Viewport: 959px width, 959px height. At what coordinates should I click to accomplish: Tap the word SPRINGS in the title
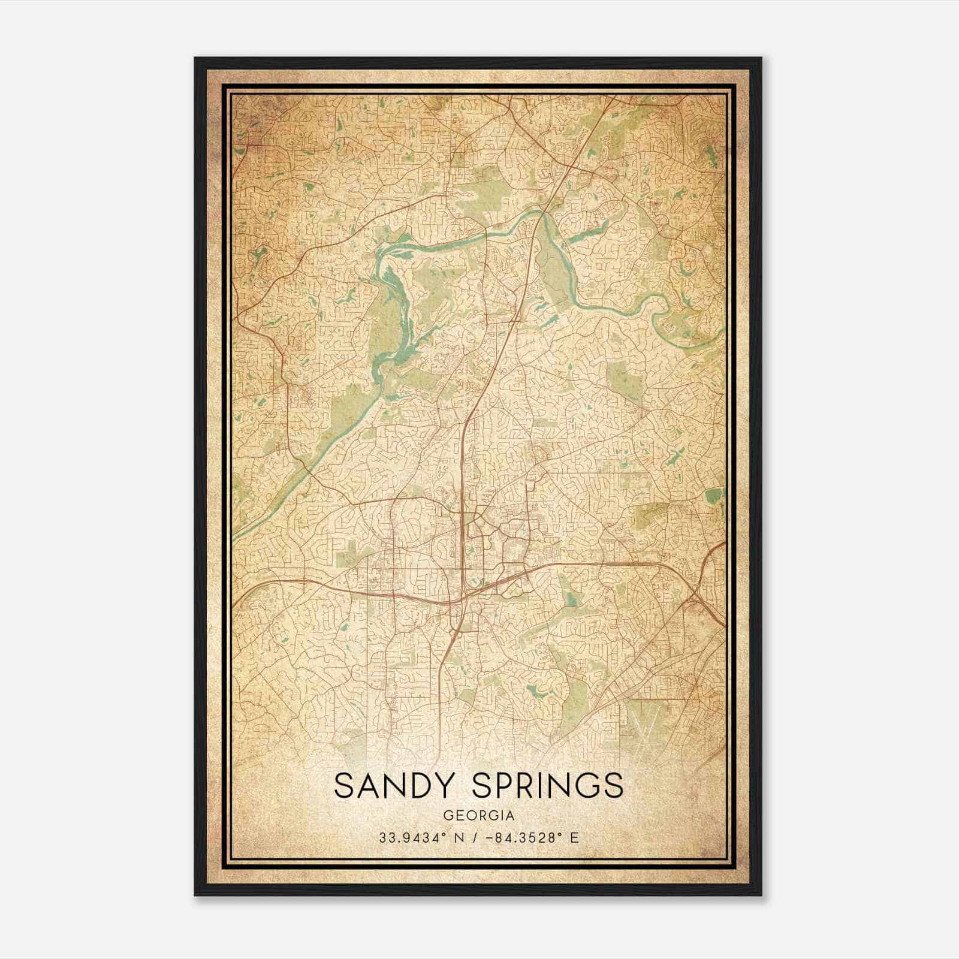click(547, 785)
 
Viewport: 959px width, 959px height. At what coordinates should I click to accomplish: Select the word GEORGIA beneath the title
click(479, 815)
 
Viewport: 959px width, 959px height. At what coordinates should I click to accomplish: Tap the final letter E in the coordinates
click(574, 838)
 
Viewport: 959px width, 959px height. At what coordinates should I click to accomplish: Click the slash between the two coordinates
click(475, 838)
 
